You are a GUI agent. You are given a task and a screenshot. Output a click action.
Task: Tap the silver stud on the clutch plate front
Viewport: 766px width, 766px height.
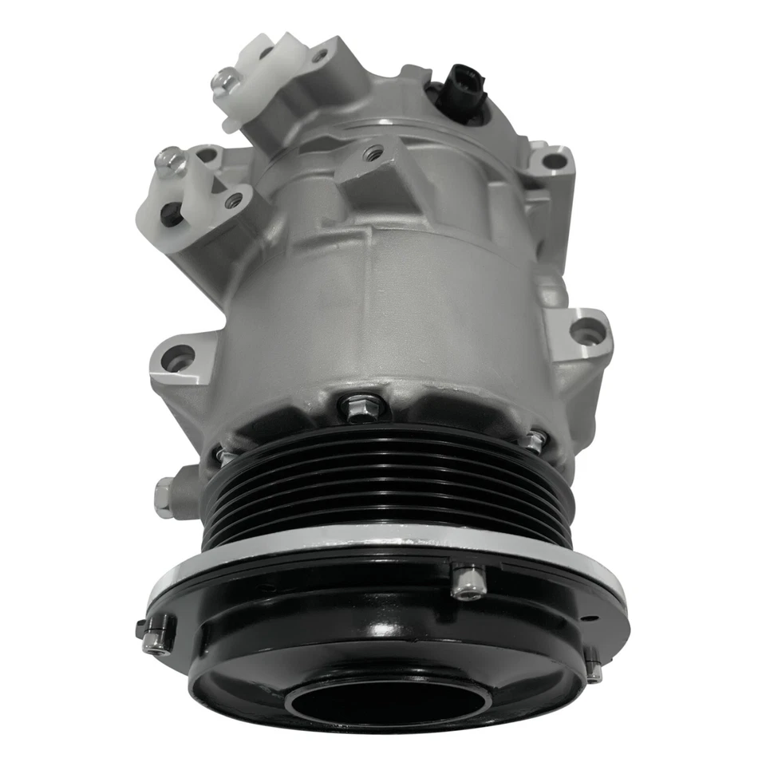467,581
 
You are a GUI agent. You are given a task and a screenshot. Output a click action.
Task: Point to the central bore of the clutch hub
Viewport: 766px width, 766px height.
375,702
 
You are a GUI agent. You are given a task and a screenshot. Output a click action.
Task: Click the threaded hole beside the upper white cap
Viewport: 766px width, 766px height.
319,56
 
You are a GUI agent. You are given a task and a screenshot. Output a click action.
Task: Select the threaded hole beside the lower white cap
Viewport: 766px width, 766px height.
234,199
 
